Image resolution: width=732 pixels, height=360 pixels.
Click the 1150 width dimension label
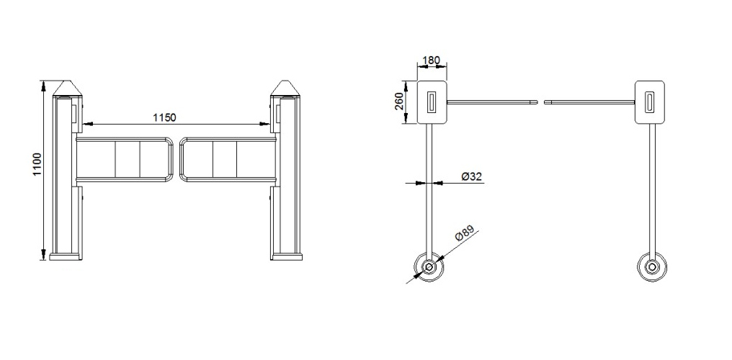coord(165,117)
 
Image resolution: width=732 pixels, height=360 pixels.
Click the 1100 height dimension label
coord(37,165)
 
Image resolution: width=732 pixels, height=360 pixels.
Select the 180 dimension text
coord(431,60)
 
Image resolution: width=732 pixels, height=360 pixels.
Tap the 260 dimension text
coord(399,102)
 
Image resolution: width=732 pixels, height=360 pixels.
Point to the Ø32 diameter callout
coord(471,176)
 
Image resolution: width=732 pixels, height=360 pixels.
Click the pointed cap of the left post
coord(67,88)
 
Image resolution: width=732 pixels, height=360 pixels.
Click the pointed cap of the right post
coord(286,88)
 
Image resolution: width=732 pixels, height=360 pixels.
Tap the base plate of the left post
coord(65,256)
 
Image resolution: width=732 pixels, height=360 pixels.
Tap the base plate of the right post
coord(286,256)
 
